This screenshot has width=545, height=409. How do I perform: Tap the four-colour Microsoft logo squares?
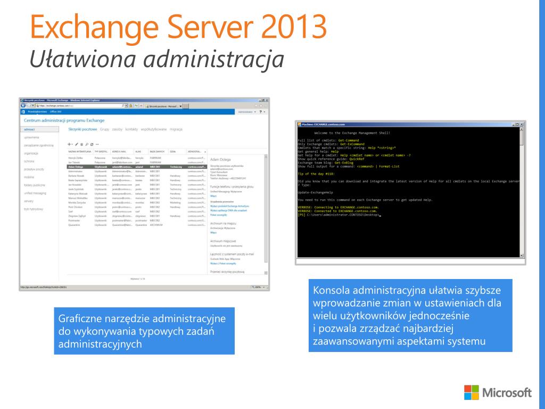(471, 392)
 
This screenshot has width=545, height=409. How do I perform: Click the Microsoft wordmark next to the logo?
(507, 392)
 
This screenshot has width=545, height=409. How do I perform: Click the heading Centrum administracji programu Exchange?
(64, 121)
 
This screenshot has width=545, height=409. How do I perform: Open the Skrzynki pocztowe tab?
(82, 129)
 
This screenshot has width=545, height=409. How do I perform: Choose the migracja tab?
(177, 129)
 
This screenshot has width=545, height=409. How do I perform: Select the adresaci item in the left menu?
(30, 129)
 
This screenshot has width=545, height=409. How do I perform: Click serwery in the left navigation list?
(30, 201)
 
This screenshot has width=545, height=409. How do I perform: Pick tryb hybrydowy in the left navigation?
(34, 209)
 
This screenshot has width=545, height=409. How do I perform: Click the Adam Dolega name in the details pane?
(222, 159)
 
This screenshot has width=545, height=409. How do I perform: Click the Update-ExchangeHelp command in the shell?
(316, 192)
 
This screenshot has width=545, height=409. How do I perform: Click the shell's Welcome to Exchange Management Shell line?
(352, 132)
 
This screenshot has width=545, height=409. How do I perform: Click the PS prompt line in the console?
(338, 215)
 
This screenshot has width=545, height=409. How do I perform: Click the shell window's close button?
(522, 124)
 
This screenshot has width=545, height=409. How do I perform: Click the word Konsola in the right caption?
(331, 291)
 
